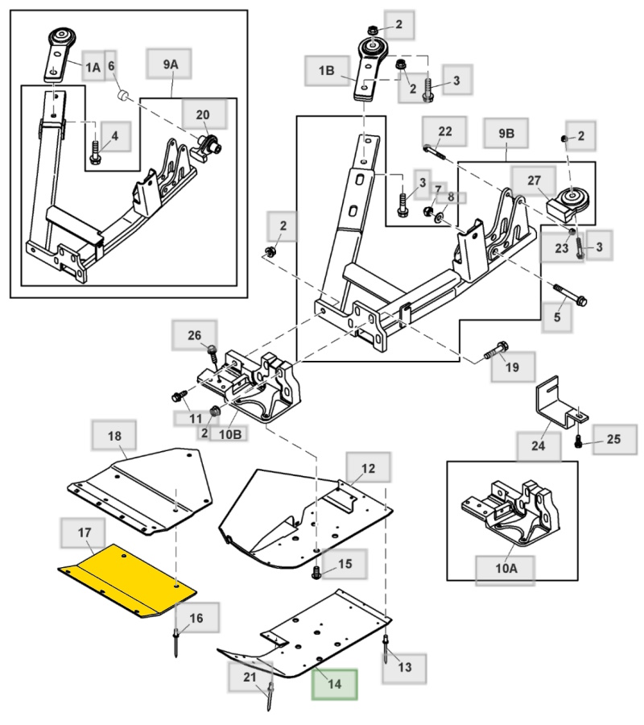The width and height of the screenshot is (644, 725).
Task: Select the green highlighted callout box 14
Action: [335, 683]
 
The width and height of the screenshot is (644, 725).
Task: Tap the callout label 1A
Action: [93, 68]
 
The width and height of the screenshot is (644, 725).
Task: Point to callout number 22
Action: [445, 130]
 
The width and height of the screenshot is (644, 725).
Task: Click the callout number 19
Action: [513, 367]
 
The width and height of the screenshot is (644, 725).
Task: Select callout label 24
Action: [538, 444]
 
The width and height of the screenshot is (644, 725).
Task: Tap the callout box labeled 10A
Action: [506, 568]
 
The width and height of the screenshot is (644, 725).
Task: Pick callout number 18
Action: [114, 436]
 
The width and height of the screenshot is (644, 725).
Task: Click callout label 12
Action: [368, 467]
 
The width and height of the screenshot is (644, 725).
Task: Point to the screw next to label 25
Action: [579, 441]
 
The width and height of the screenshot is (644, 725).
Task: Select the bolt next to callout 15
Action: [317, 571]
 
